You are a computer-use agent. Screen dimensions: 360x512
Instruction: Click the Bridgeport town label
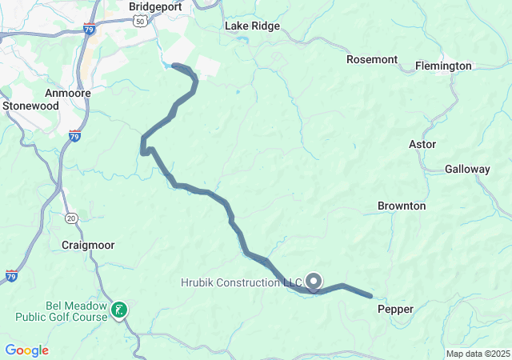coord(155,6)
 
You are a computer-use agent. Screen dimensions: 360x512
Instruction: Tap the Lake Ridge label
coord(252,26)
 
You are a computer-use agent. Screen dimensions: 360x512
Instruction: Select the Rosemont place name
coord(372,59)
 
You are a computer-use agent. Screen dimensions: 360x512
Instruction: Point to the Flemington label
coord(443,66)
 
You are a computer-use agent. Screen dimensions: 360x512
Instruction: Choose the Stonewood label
coord(30,105)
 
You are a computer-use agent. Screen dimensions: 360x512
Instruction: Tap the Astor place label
coord(422,144)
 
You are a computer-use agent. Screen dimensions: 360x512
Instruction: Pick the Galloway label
coord(467,169)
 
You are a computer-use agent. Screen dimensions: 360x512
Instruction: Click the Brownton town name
coord(402,206)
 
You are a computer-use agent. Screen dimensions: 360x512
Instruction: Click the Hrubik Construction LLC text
coord(241,282)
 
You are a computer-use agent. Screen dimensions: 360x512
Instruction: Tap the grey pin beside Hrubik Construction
coord(314,281)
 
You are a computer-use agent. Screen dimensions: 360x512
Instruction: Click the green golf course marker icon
coord(119,309)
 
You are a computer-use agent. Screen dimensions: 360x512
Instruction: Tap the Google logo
coord(26,350)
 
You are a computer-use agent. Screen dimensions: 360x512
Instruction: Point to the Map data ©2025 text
coord(478,354)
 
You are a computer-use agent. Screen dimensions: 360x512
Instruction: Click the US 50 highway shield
coord(141,22)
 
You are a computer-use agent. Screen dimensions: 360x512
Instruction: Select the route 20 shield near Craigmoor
coord(71,218)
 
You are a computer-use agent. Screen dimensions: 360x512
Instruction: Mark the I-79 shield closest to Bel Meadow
coord(11,275)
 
